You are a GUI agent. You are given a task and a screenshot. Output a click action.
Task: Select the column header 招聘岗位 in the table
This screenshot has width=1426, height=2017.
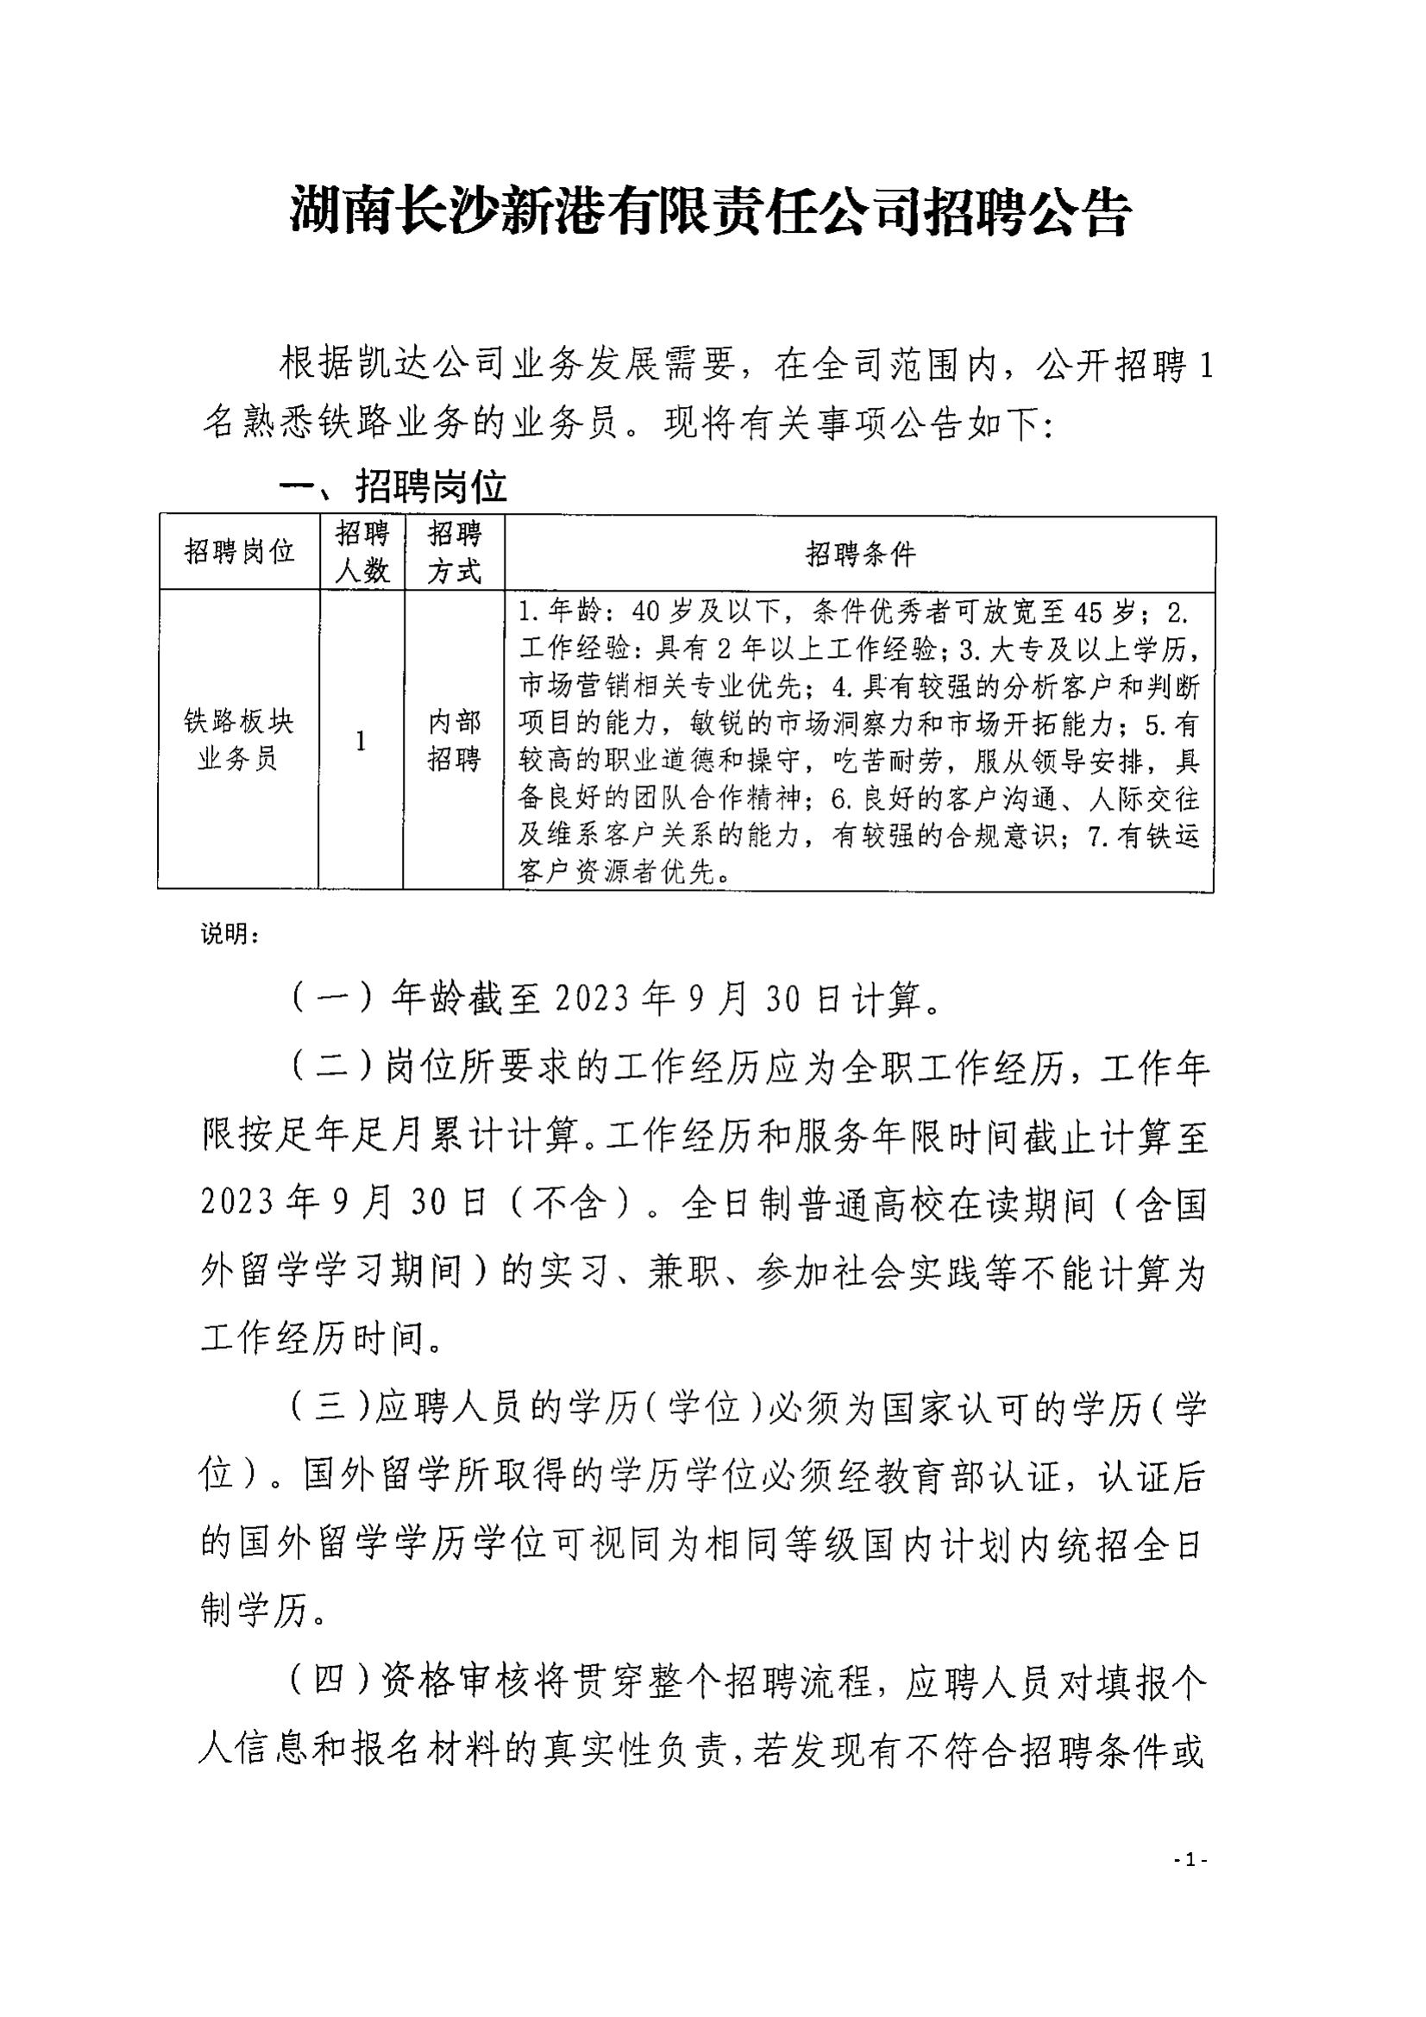pos(239,553)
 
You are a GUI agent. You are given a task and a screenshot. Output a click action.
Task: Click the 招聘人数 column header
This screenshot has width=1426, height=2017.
pos(362,553)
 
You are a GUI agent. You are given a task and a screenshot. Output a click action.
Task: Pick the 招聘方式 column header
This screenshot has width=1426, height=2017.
pos(455,553)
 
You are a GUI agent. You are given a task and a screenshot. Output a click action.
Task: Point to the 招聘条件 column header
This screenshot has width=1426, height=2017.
pos(860,554)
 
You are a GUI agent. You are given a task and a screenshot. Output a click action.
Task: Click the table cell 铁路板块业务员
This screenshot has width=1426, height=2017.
pos(238,741)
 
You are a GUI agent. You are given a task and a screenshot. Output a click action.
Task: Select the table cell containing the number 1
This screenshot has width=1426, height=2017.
pos(361,742)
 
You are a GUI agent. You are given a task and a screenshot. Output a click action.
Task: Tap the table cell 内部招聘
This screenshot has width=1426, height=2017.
pos(455,741)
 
